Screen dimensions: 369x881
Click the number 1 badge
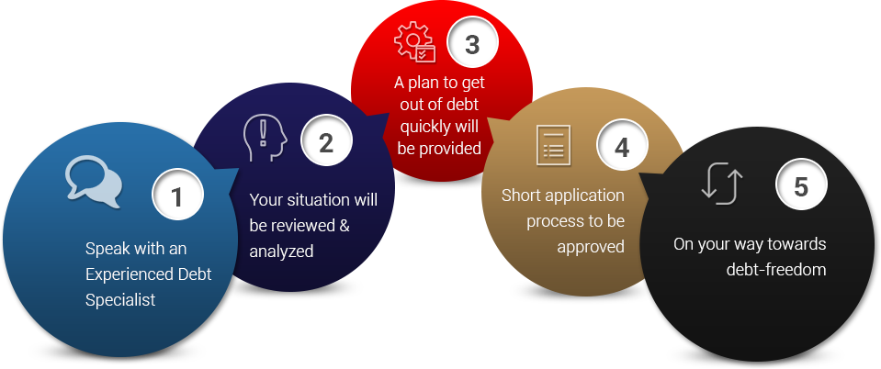click(176, 196)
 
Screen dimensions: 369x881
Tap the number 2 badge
click(325, 142)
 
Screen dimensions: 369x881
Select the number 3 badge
click(471, 44)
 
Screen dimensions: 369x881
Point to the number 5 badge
click(801, 186)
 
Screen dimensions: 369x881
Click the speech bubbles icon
click(94, 180)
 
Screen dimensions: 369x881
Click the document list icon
click(553, 146)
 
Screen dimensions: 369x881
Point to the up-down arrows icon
click(721, 182)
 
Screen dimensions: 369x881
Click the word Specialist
click(120, 299)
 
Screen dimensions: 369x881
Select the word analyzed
click(282, 251)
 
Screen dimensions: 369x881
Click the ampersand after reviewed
click(344, 225)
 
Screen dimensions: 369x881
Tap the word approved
click(590, 246)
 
